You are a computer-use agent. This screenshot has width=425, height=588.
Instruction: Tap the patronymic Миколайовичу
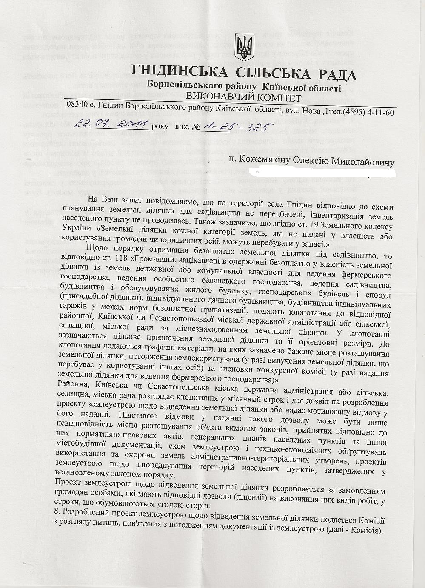point(363,163)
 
